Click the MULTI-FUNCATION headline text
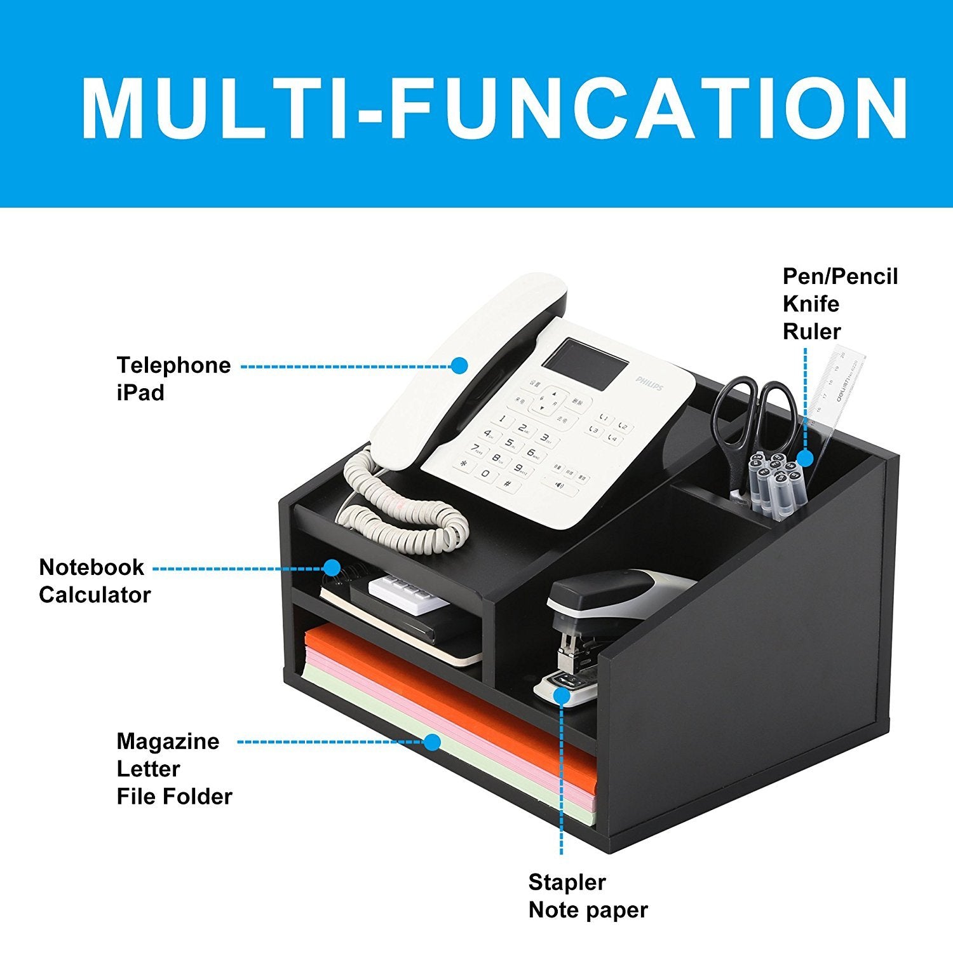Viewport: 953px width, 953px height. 495,109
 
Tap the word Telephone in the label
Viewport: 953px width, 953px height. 173,366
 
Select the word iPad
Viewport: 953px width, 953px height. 140,393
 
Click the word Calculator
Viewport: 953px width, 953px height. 95,595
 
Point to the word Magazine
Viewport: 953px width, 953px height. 168,742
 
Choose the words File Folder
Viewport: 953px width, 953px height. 175,797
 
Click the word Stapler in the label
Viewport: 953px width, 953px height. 567,883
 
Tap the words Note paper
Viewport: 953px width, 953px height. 588,910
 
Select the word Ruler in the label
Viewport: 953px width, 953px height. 812,332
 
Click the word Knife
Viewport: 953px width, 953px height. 811,304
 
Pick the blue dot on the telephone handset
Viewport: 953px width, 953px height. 459,365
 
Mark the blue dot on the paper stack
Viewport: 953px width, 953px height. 433,741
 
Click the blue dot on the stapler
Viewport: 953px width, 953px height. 561,696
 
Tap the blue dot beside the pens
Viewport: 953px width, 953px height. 805,458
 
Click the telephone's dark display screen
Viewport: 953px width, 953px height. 585,365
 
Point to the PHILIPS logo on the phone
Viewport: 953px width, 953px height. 650,383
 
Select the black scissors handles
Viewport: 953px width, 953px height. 756,413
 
